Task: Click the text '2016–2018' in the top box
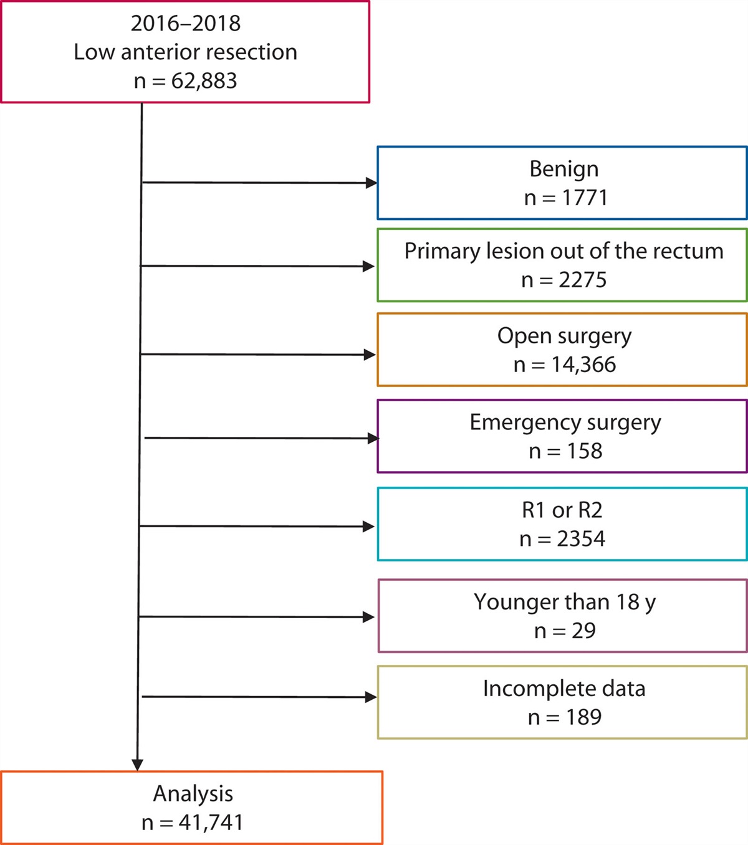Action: (x=185, y=24)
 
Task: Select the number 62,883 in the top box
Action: (x=204, y=81)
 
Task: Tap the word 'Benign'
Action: (x=563, y=169)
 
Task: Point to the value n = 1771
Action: (x=565, y=198)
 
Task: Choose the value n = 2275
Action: (x=563, y=280)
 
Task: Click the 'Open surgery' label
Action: (x=564, y=336)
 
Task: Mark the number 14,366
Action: (x=583, y=365)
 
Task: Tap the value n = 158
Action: (x=565, y=451)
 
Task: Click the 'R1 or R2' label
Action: (x=562, y=510)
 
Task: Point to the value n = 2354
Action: (x=562, y=539)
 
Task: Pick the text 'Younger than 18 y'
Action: (x=564, y=602)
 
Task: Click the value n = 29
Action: (x=565, y=631)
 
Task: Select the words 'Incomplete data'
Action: (x=564, y=689)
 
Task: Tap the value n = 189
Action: (x=564, y=717)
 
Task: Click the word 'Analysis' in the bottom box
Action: (x=193, y=794)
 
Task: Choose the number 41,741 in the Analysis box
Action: (x=211, y=823)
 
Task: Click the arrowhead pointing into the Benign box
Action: (x=372, y=183)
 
